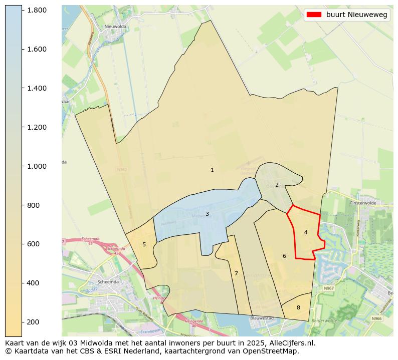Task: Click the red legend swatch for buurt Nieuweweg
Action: click(314, 15)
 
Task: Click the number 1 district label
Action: click(212, 170)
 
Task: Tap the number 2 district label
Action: click(277, 185)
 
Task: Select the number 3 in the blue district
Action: click(207, 214)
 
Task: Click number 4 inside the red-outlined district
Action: click(306, 232)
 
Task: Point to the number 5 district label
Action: click(144, 244)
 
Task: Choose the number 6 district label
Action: click(284, 256)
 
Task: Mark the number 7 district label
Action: click(236, 273)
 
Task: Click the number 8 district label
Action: click(298, 307)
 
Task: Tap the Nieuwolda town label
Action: click(114, 27)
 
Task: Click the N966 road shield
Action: click(376, 318)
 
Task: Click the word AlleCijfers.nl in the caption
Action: click(290, 343)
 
